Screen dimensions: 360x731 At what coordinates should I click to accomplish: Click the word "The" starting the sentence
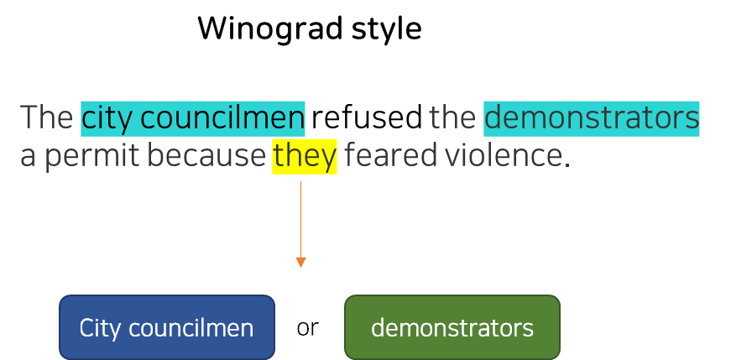tap(47, 118)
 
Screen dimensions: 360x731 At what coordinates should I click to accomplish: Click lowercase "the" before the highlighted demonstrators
tap(453, 118)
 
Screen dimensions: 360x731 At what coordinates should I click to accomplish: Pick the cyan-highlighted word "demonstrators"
tap(592, 118)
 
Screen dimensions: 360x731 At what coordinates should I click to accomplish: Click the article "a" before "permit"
tap(29, 157)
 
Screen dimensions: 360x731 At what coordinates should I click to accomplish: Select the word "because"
tap(206, 157)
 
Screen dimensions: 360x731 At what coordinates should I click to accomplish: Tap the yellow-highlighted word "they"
tap(305, 157)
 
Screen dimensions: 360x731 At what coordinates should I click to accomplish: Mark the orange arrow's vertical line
tap(300, 218)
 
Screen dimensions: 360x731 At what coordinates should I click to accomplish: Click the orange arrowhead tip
tap(300, 267)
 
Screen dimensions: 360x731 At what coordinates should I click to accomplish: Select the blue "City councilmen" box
tap(167, 327)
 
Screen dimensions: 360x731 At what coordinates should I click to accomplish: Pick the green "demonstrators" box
tap(452, 327)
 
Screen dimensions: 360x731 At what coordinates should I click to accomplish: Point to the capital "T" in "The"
tap(28, 118)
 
